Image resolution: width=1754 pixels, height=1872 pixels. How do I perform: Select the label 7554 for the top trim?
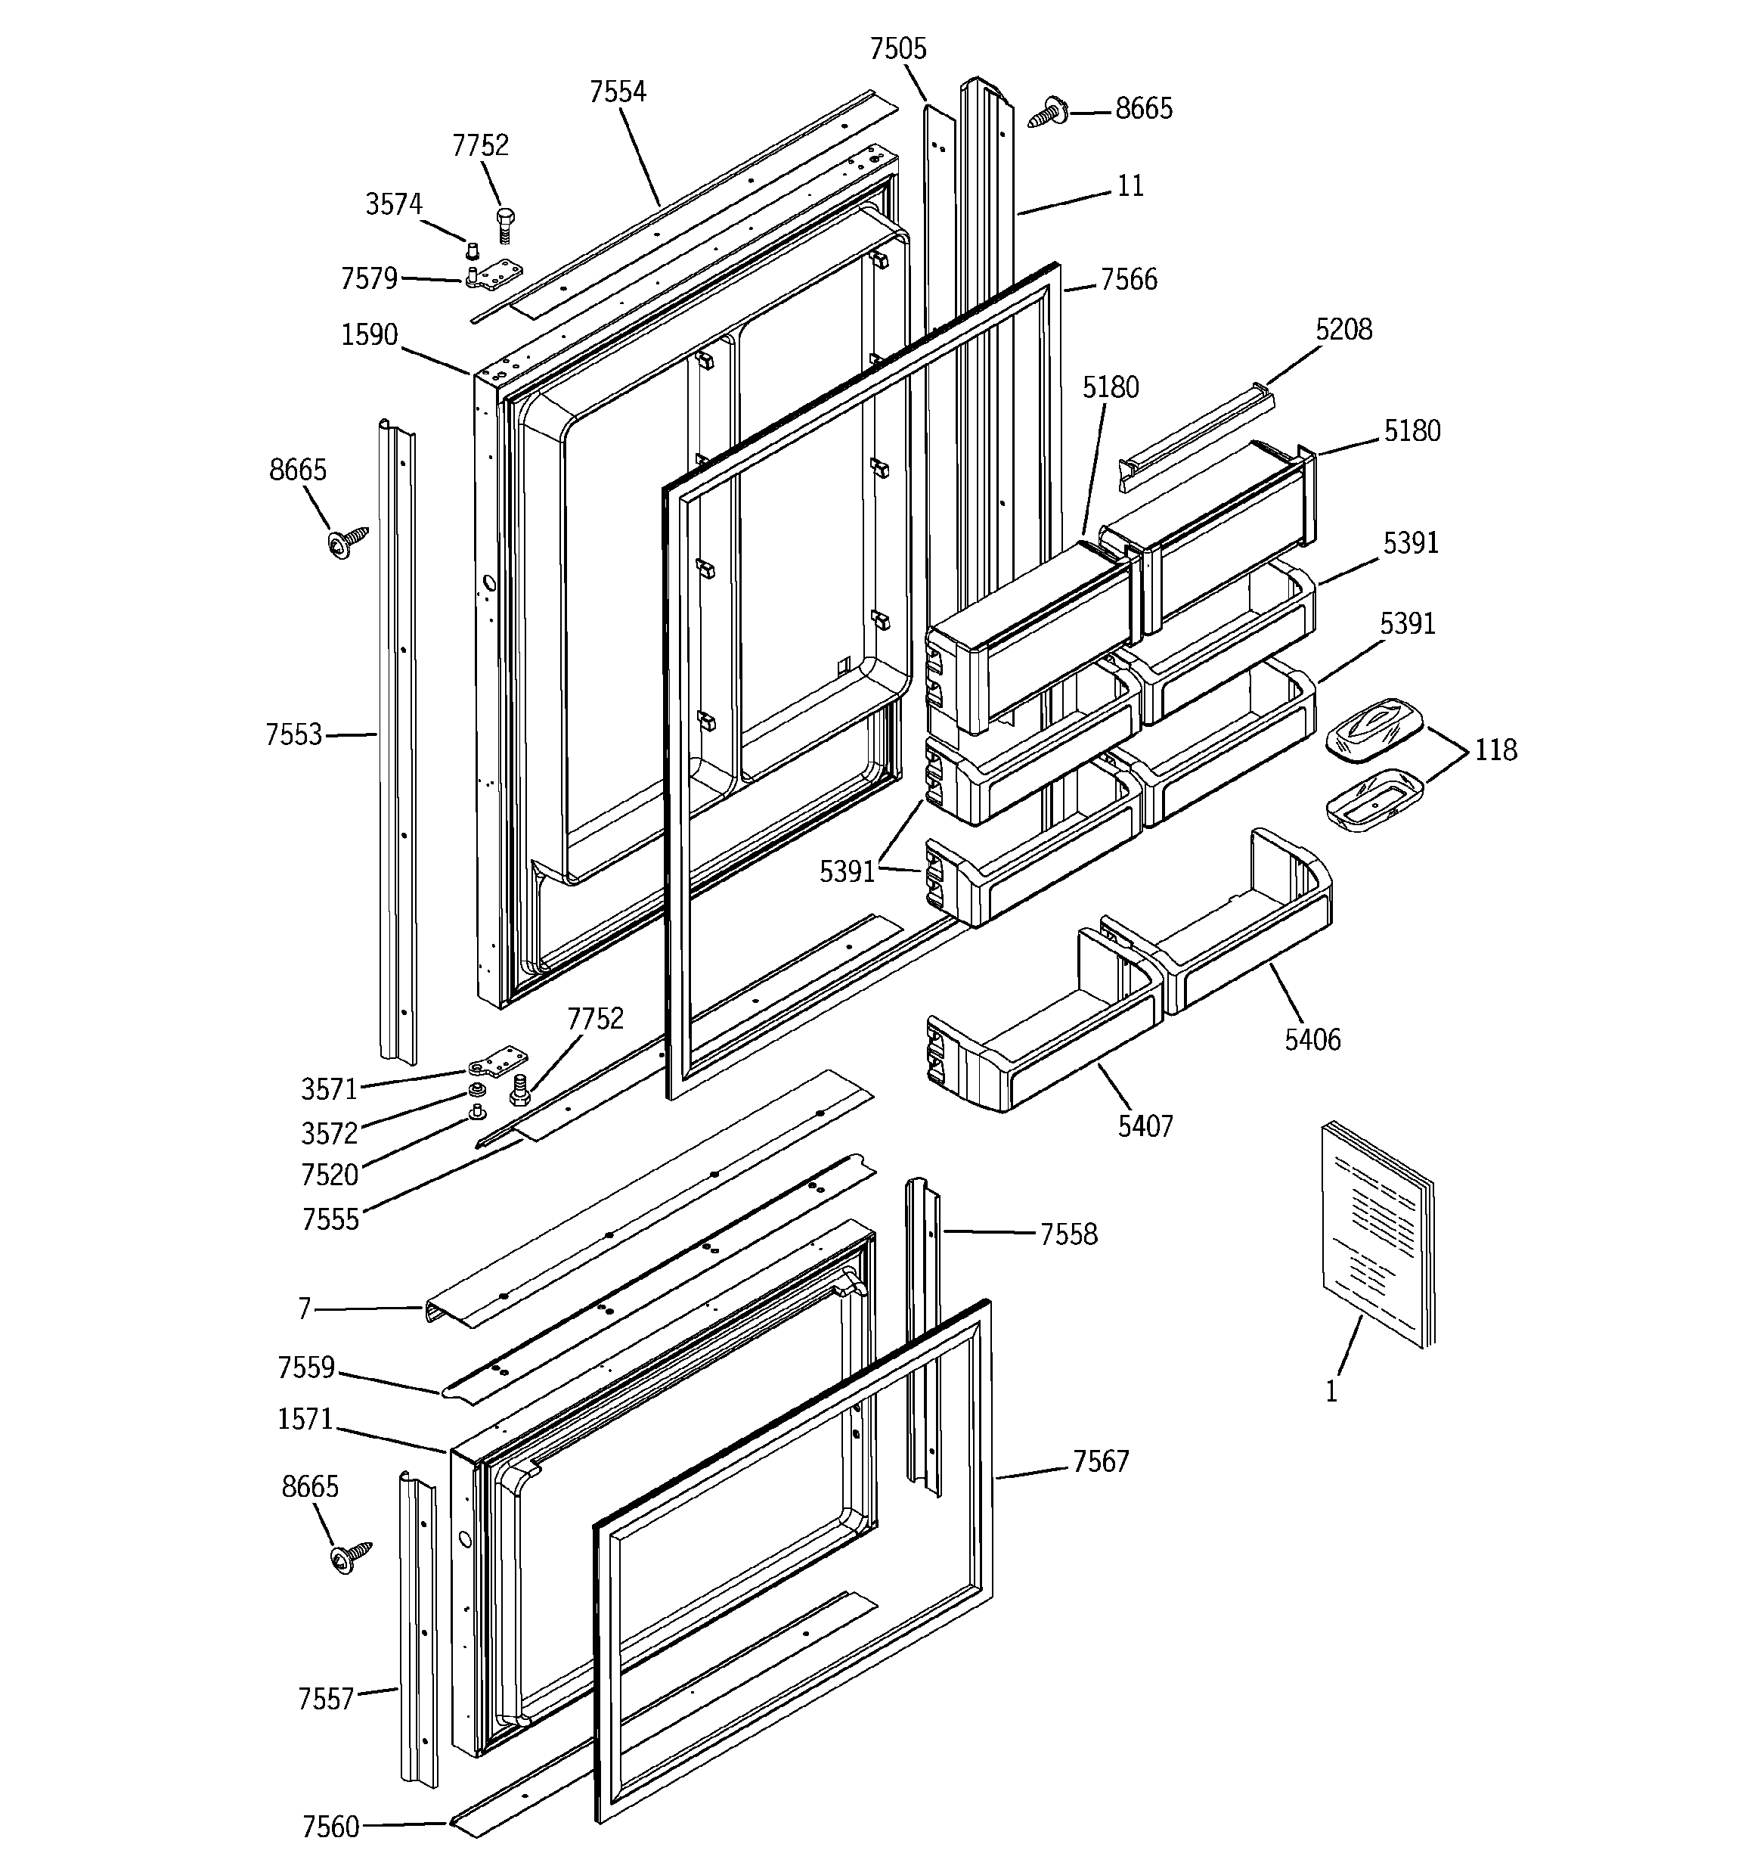coord(618,92)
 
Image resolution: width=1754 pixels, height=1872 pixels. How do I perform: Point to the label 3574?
coord(394,204)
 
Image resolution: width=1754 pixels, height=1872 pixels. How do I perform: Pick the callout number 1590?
coord(369,335)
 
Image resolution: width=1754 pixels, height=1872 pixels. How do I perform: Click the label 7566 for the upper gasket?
coord(1128,280)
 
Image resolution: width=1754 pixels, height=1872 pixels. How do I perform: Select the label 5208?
coord(1343,330)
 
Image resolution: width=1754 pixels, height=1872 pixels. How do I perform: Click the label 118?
coord(1495,750)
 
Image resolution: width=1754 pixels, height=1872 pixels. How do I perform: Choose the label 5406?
coord(1312,1039)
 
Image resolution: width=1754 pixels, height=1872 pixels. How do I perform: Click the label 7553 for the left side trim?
coord(294,734)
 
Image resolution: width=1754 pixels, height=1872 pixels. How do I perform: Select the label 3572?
coord(329,1134)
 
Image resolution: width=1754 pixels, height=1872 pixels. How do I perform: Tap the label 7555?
coord(330,1219)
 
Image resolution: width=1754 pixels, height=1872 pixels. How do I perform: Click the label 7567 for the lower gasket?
coord(1100,1461)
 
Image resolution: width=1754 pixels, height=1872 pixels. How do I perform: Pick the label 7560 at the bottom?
coord(330,1827)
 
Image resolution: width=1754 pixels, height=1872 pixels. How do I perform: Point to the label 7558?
coord(1068,1234)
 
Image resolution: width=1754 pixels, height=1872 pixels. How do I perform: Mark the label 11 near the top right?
coord(1130,187)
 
